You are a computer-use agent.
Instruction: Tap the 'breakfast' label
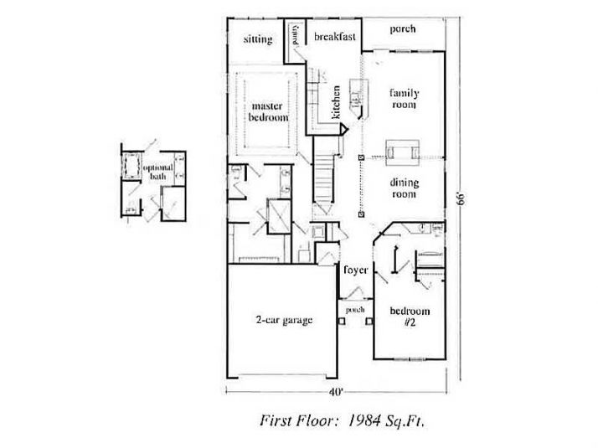[336, 37]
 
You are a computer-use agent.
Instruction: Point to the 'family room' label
[404, 99]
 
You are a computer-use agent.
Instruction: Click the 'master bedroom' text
[268, 112]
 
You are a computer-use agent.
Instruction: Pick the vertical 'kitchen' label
[335, 102]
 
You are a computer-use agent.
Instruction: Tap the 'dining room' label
[404, 188]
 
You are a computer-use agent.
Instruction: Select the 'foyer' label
[356, 270]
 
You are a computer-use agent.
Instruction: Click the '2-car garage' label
[284, 320]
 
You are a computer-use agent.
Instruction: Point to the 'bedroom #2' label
[410, 317]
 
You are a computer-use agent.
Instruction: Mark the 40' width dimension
[336, 391]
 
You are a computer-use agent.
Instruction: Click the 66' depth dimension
[460, 198]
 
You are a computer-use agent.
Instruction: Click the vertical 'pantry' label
[296, 36]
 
